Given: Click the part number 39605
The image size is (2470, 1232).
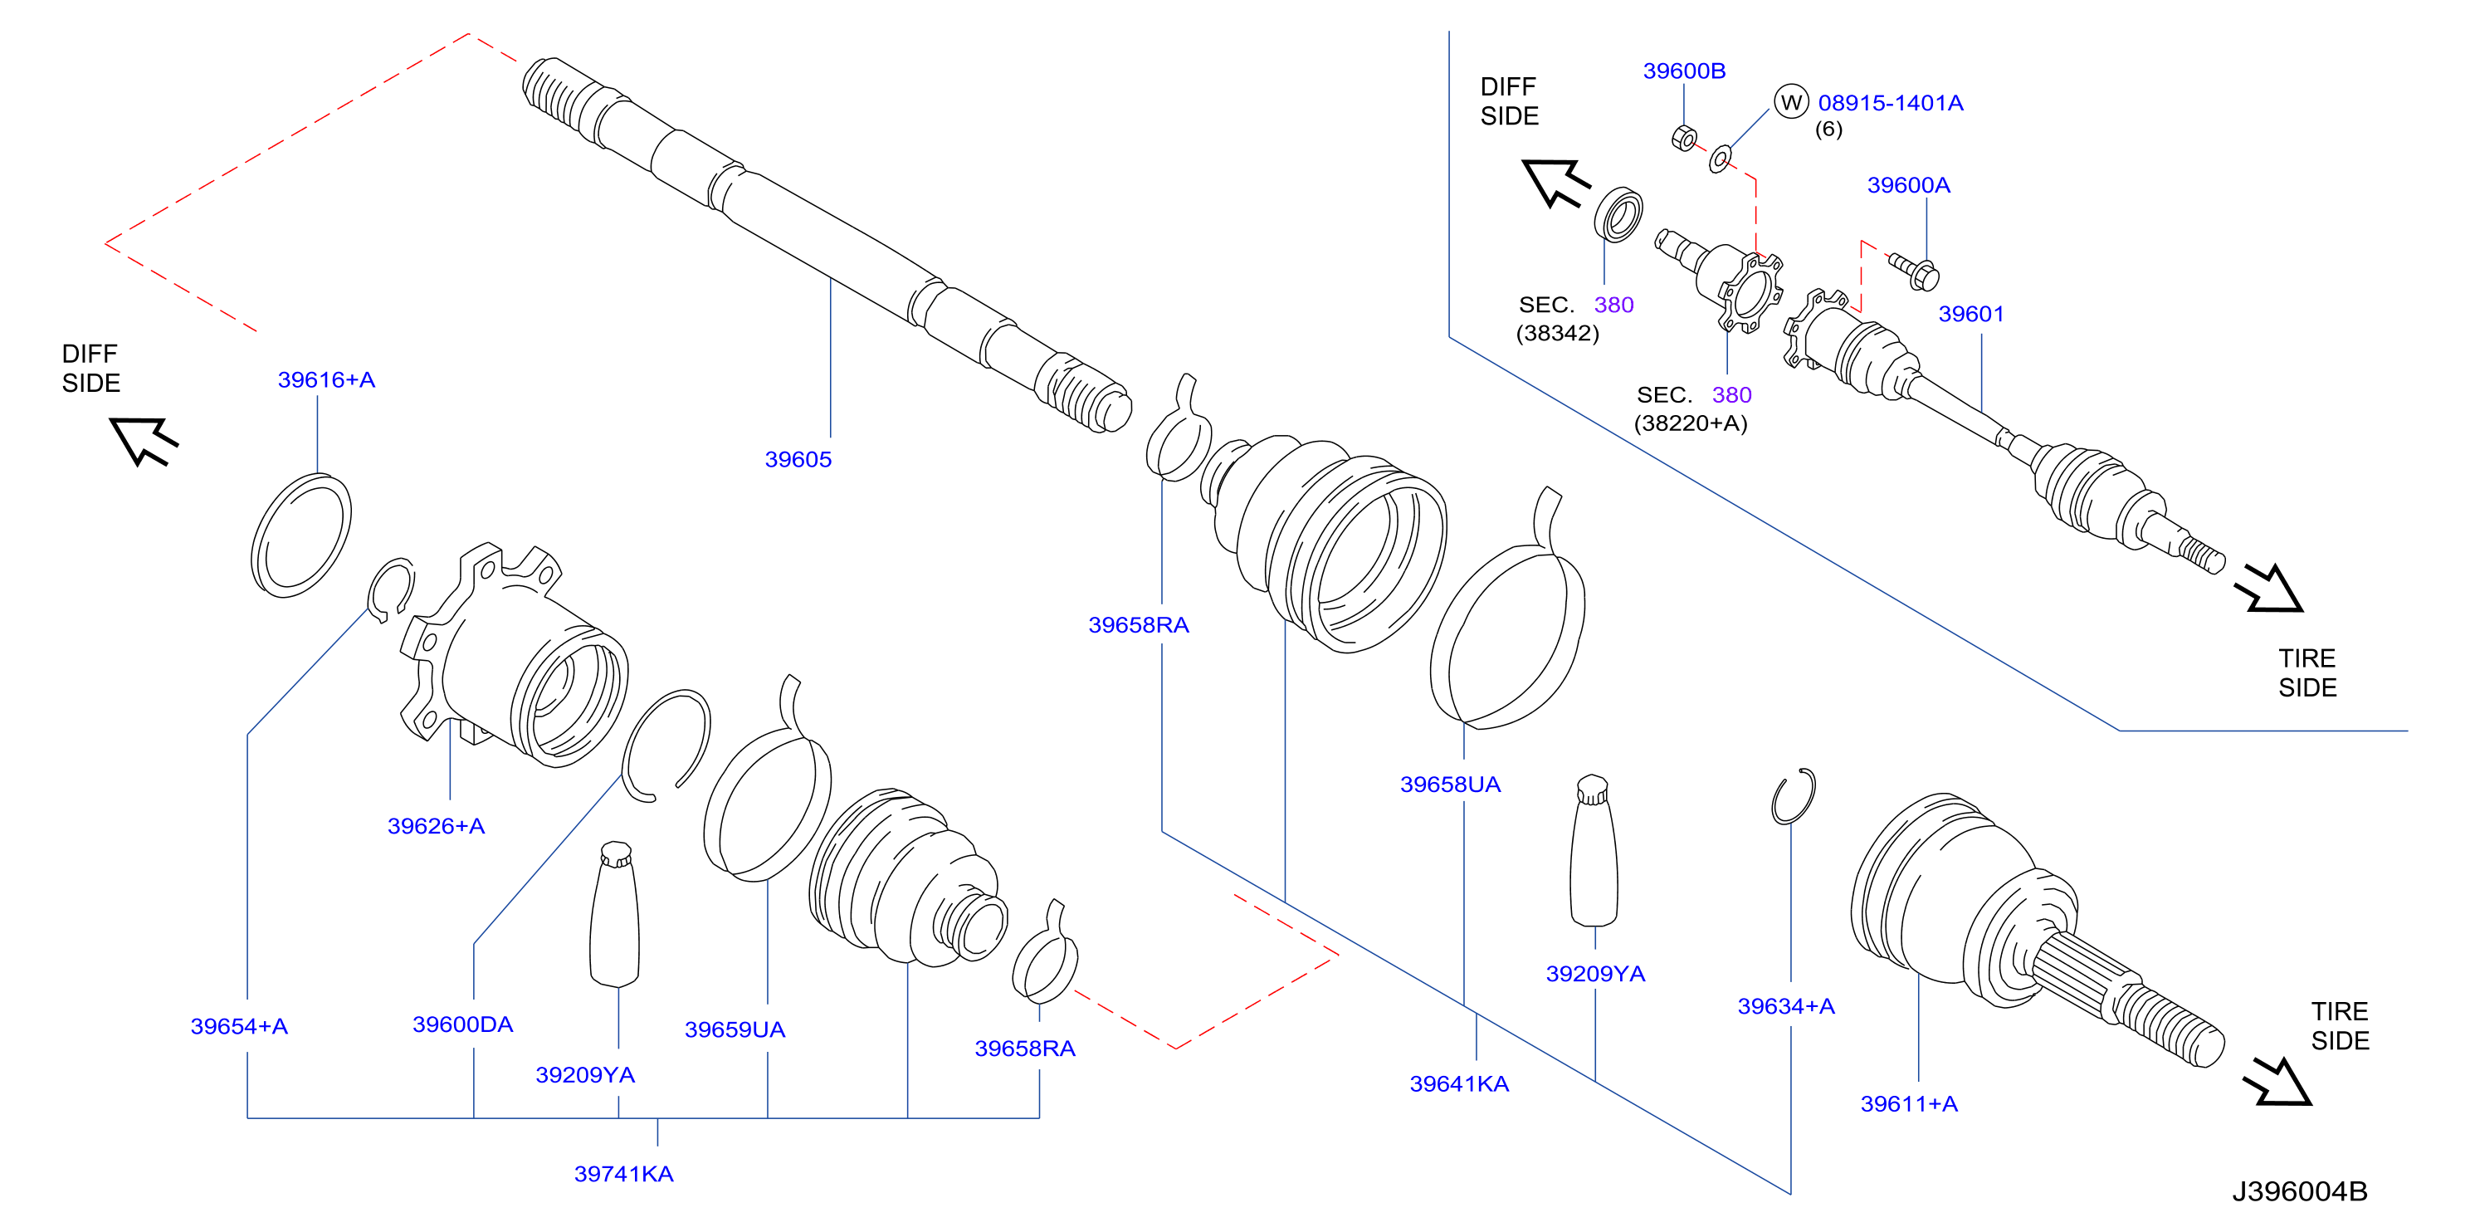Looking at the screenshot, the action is click(798, 459).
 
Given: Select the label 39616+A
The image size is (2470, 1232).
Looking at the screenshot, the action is click(326, 379).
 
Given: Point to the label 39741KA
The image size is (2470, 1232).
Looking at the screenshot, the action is click(623, 1174).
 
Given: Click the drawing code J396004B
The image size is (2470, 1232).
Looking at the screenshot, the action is click(2299, 1190).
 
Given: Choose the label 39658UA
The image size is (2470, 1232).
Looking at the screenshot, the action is click(1450, 785).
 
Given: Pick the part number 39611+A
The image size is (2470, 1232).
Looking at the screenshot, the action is click(1908, 1103).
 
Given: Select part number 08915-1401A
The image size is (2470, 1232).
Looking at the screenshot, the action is click(1890, 103).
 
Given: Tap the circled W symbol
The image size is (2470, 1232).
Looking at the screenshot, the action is click(1790, 101).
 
